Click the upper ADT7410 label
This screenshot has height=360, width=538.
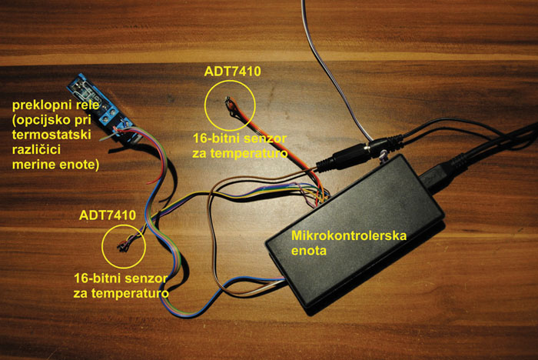pos(233,72)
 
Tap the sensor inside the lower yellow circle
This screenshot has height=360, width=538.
pos(123,245)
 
